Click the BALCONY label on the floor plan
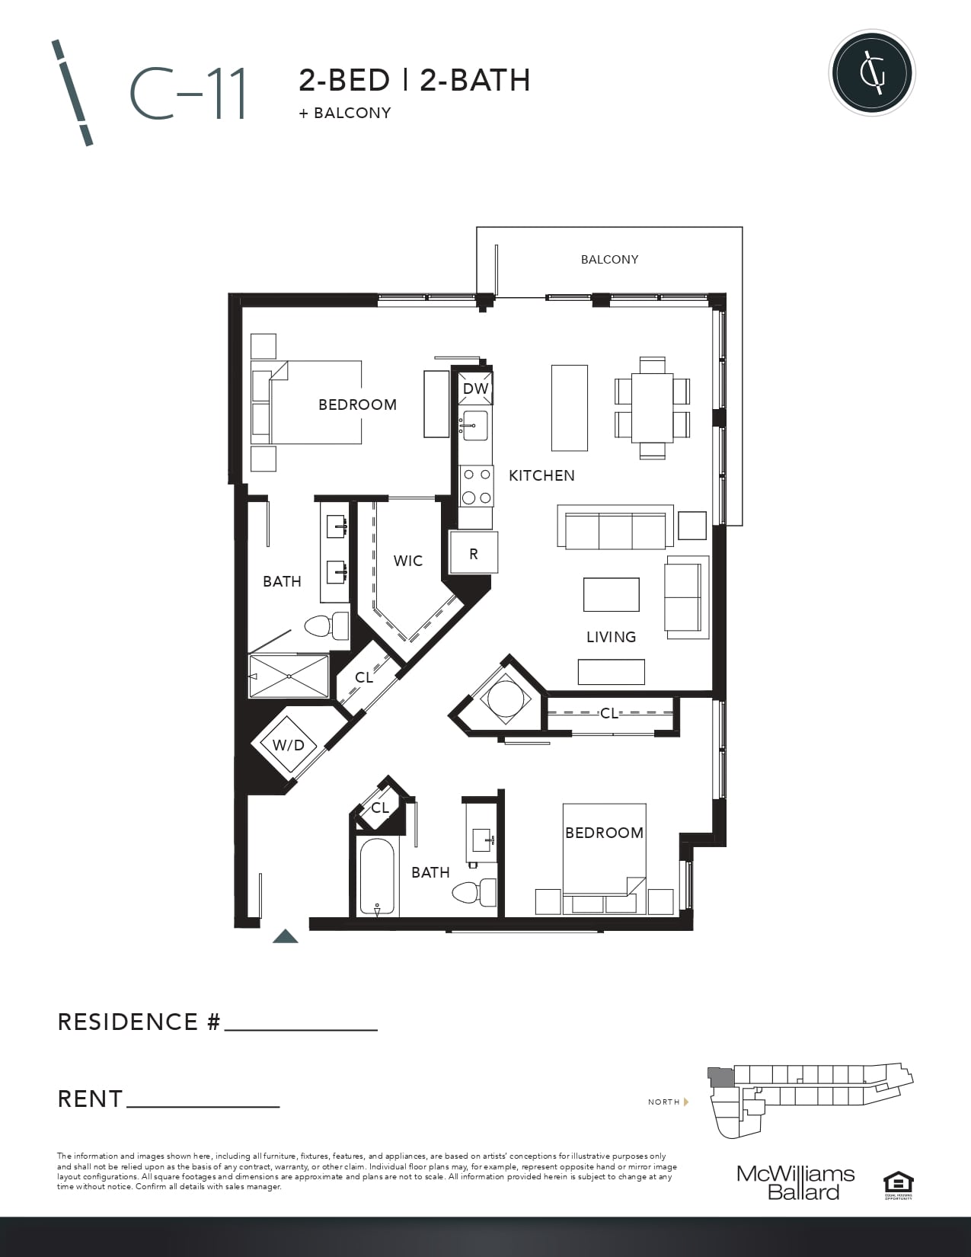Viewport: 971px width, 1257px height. pyautogui.click(x=609, y=260)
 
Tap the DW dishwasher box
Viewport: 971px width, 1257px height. pyautogui.click(x=475, y=389)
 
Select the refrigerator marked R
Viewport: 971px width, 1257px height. pyautogui.click(x=474, y=552)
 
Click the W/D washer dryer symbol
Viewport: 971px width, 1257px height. pyautogui.click(x=288, y=745)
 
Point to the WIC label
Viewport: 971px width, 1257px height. pyautogui.click(x=407, y=561)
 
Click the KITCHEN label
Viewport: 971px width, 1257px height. pyautogui.click(x=542, y=475)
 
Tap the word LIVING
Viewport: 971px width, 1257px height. pyautogui.click(x=612, y=637)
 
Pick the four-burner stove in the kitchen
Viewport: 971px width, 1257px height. pyautogui.click(x=477, y=486)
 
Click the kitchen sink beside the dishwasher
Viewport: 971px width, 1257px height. pyautogui.click(x=474, y=426)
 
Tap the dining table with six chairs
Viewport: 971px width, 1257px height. pyautogui.click(x=653, y=408)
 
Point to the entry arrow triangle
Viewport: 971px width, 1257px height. pyautogui.click(x=285, y=936)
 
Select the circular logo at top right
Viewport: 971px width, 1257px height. pyautogui.click(x=871, y=73)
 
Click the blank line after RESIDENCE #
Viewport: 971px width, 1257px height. pyautogui.click(x=301, y=1030)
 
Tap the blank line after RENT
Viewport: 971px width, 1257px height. pyautogui.click(x=203, y=1106)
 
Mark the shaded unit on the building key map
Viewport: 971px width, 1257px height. pyautogui.click(x=721, y=1076)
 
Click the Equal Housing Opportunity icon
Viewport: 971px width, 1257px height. pyautogui.click(x=898, y=1185)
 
